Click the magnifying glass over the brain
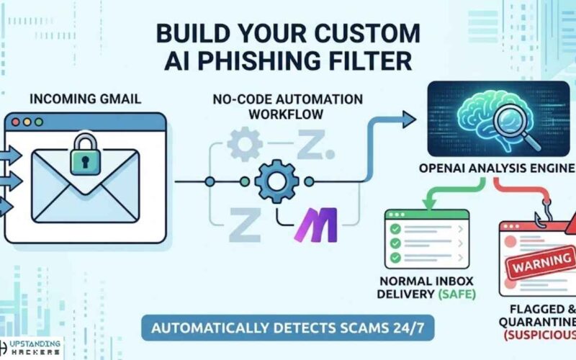513,114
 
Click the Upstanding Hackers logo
32,348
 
